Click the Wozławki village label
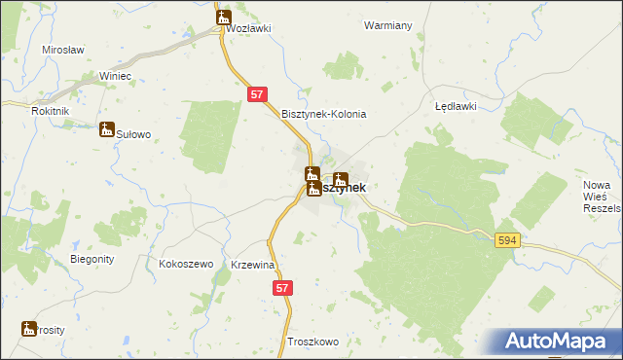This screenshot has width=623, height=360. [x=247, y=29]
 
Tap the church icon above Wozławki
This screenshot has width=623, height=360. [x=224, y=17]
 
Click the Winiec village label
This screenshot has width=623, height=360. [x=115, y=76]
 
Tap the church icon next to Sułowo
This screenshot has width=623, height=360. [x=106, y=129]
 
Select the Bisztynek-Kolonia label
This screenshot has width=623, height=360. [x=323, y=114]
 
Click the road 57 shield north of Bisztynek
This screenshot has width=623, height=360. [x=257, y=94]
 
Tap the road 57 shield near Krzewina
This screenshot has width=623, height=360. [x=282, y=288]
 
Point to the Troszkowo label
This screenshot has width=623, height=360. [x=312, y=342]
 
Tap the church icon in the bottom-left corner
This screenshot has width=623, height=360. [x=28, y=330]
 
